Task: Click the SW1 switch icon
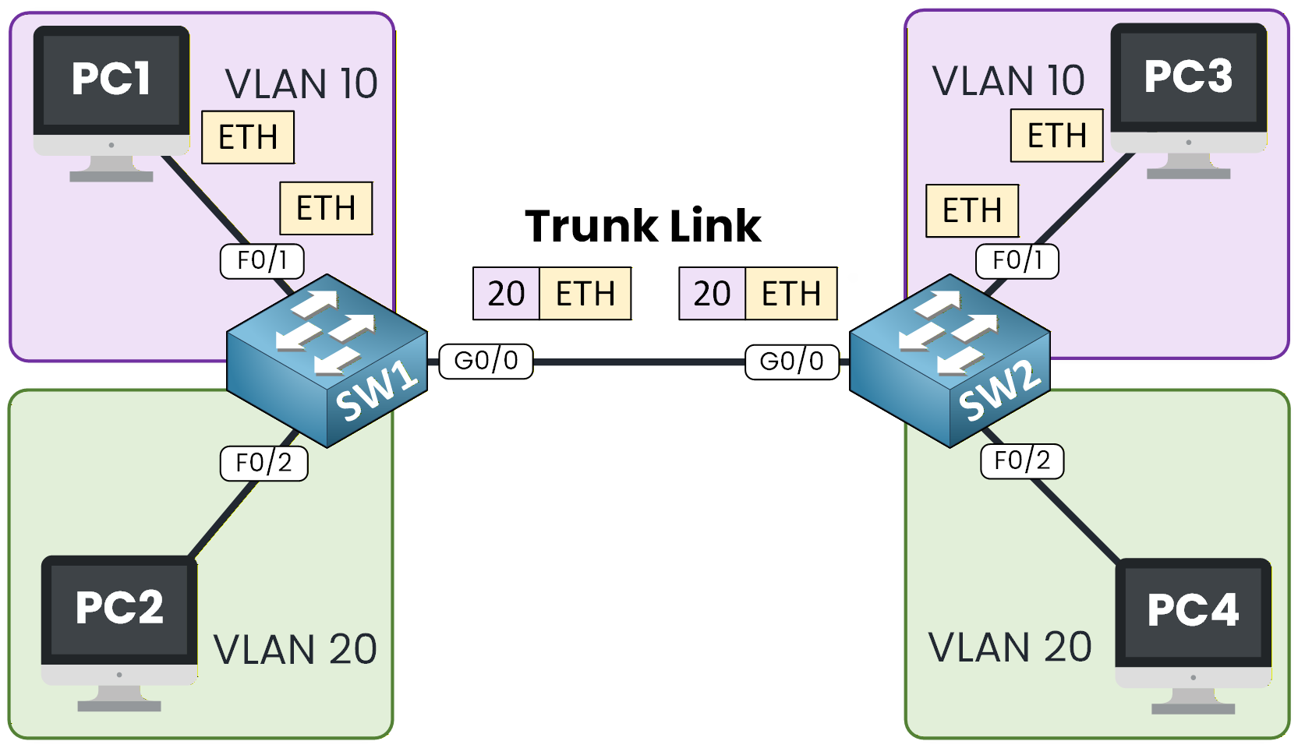tap(327, 360)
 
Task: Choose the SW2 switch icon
tap(950, 360)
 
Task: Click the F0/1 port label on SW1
tap(262, 260)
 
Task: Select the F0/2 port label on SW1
tap(263, 463)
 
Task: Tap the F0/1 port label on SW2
tap(1017, 260)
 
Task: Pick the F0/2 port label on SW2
tap(1022, 460)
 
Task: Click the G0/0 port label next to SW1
tap(486, 361)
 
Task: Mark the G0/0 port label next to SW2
tap(791, 362)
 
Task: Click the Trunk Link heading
tap(642, 226)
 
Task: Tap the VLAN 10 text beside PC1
tap(301, 84)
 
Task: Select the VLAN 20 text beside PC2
tap(295, 650)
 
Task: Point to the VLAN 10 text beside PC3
tap(1008, 81)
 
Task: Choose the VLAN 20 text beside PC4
tap(1010, 647)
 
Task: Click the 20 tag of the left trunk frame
tap(506, 294)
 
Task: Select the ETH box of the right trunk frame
tap(790, 294)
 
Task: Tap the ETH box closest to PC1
tap(248, 137)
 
